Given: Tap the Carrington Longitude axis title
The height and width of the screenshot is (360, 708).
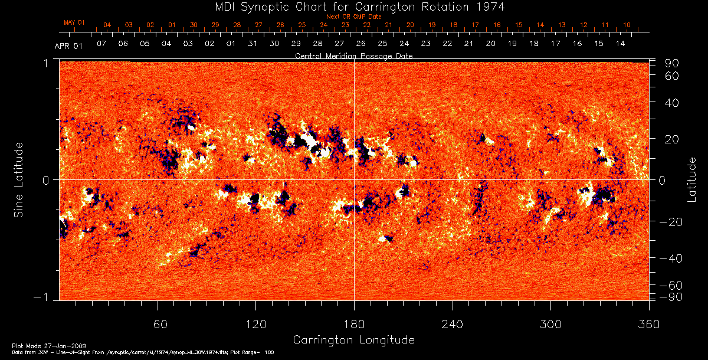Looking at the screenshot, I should coord(353,340).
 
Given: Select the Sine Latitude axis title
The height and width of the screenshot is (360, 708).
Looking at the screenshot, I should coord(19,179).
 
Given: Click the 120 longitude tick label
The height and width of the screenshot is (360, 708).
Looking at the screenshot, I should coord(256,324).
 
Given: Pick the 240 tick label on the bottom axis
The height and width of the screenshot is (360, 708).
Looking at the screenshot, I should coord(453,324).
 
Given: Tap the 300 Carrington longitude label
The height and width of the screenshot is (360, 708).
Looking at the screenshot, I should coord(550,324).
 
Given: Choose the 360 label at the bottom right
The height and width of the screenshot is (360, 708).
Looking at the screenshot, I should coord(648,324).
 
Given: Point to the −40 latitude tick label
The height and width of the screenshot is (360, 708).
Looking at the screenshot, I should coord(672,258).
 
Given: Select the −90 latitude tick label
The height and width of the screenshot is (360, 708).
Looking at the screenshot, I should coord(672,296).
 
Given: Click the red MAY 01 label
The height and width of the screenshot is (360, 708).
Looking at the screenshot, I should coord(74,22).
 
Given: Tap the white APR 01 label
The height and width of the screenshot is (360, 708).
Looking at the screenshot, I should coord(68,46).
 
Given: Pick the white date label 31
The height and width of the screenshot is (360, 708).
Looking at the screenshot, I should coord(253,44).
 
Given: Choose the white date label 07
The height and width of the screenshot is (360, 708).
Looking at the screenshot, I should coord(101,44).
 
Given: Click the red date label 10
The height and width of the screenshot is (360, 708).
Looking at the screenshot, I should coord(627,25).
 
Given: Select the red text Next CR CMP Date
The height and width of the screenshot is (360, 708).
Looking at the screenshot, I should coord(349,17).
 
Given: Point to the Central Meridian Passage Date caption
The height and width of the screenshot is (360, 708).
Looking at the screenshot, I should coord(353,55).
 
